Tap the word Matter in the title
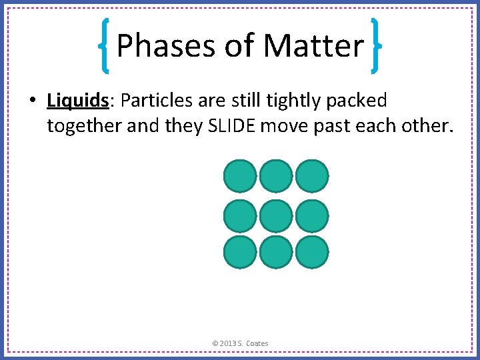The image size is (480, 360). click(313, 46)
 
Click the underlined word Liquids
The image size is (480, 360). click(77, 101)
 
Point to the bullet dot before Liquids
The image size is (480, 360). click(32, 101)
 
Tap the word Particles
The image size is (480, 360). click(159, 101)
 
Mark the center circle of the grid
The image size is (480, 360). click(275, 215)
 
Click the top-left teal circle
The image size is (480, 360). click(239, 176)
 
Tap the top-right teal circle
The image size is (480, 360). click(312, 176)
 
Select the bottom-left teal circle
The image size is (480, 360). click(239, 253)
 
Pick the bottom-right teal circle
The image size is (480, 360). click(312, 253)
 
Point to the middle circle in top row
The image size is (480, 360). click(275, 176)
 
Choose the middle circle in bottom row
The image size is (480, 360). click(275, 253)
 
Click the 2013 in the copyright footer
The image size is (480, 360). click(229, 343)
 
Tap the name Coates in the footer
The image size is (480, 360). click(257, 343)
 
